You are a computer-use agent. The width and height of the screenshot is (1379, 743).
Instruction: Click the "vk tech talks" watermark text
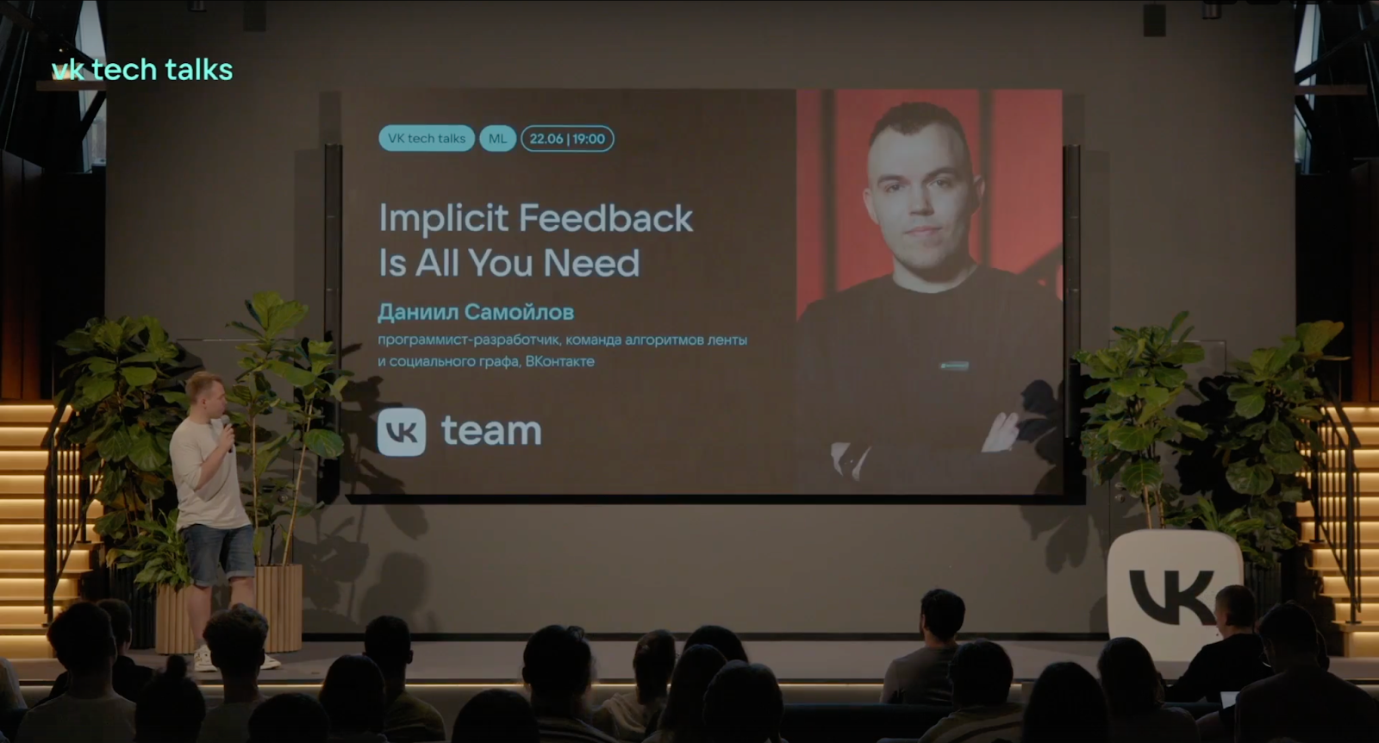pos(142,70)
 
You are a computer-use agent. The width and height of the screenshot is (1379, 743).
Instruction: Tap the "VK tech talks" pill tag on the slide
pos(426,138)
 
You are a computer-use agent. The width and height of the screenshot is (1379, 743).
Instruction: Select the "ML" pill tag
pos(497,138)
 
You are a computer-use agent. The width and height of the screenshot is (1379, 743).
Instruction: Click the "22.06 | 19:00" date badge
pos(567,138)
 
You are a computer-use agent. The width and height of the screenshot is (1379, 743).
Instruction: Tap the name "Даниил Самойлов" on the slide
pos(476,312)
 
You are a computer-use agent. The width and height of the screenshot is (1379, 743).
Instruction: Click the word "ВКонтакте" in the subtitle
pos(559,361)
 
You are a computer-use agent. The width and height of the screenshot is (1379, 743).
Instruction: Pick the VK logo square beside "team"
pos(402,432)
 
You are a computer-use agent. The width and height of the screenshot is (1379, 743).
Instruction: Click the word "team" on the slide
pos(491,431)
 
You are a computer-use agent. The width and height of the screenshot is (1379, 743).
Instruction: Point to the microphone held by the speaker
pos(227,428)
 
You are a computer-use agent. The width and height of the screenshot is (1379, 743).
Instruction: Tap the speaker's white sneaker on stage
pos(204,659)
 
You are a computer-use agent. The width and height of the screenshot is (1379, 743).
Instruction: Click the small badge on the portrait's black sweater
pos(954,365)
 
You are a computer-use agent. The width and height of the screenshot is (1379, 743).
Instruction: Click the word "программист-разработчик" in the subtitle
pos(468,340)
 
